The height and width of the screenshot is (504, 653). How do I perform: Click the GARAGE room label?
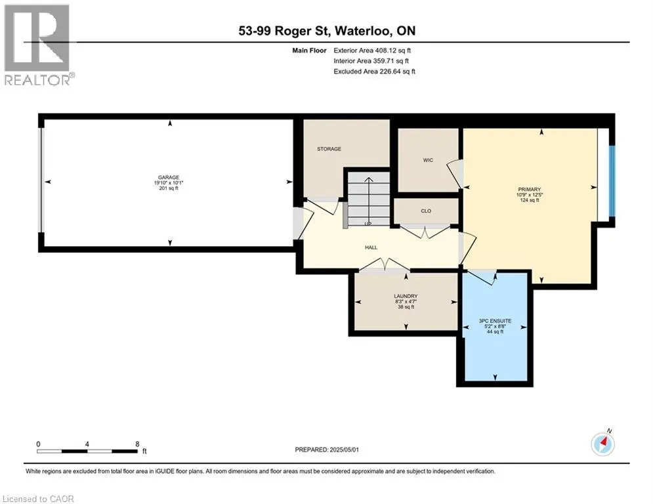pos(169,177)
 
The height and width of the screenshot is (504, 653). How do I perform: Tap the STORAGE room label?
pos(329,149)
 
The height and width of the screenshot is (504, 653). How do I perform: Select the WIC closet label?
pos(428,160)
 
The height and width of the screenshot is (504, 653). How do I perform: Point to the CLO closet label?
pos(426,211)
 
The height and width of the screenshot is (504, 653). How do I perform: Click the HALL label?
pos(371,247)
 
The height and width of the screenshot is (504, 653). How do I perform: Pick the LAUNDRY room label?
pos(406,296)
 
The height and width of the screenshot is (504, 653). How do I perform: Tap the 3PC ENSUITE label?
pos(495,321)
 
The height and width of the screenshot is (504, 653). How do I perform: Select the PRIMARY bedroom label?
pos(530,190)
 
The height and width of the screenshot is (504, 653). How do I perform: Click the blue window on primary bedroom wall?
pos(612,180)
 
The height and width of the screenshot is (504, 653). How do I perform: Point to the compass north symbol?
pos(602,444)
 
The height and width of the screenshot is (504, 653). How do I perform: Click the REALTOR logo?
pos(38,45)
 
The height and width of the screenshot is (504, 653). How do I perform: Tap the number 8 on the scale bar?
pos(137,444)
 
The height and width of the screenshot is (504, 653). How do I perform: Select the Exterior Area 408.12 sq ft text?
pos(372,51)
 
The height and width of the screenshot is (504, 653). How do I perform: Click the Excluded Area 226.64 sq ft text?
pos(374,72)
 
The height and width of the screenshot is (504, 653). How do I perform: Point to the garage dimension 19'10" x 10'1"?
pos(169,182)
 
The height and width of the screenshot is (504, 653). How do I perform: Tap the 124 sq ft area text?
pos(530,200)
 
